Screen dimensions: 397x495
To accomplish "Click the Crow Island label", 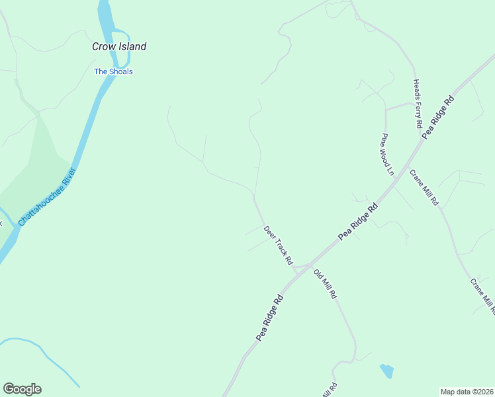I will [x=118, y=46].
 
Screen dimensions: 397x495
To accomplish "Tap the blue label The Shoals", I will [x=113, y=71].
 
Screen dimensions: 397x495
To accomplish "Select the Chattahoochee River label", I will [x=48, y=197].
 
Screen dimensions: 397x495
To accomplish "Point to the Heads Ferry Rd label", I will [x=418, y=103].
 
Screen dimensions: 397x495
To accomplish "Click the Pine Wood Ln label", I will [x=386, y=154].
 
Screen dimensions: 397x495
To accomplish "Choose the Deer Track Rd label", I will [x=278, y=245].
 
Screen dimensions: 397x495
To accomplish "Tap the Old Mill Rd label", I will [x=326, y=284].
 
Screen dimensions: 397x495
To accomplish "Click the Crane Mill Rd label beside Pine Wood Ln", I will [x=424, y=187].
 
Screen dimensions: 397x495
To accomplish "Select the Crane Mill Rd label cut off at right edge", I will [x=482, y=295].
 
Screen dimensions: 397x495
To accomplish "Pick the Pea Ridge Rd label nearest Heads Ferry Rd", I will [x=439, y=116].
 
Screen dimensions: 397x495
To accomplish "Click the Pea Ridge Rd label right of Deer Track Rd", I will [x=358, y=221].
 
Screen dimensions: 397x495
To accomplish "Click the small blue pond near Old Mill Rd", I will [x=386, y=371].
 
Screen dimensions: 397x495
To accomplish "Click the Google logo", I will [x=22, y=389].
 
